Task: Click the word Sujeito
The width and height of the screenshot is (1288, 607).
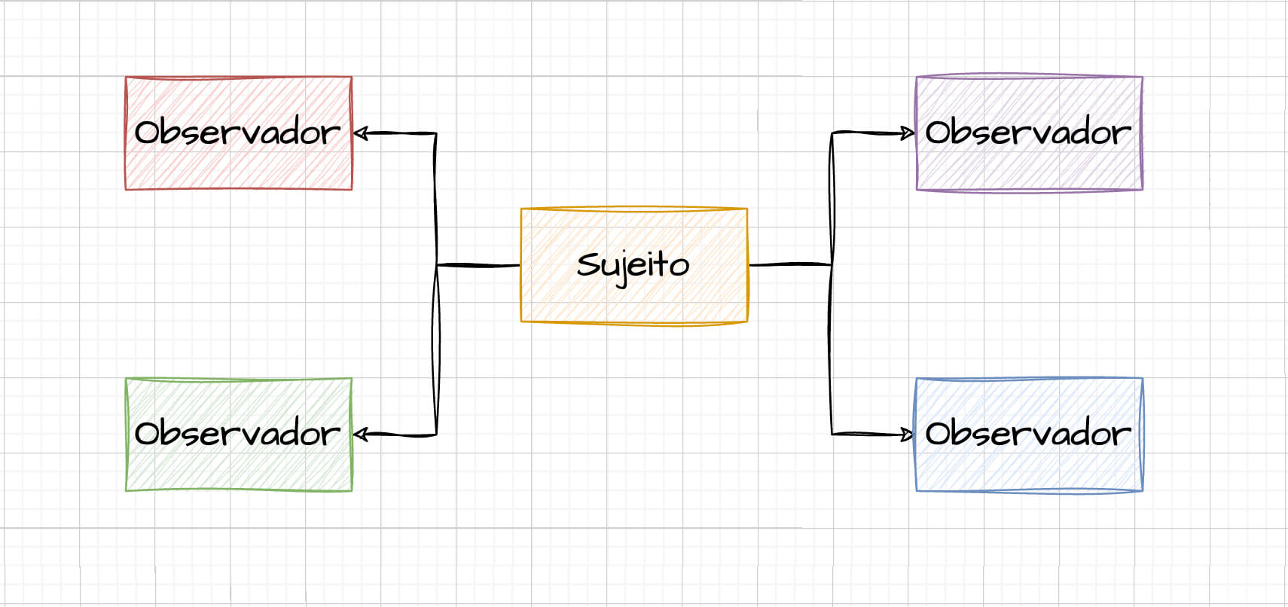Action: pos(633,265)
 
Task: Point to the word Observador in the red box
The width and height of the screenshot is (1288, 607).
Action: pos(238,133)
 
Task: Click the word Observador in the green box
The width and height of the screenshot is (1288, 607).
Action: pos(238,434)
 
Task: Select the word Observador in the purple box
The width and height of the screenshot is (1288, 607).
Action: pos(1029,133)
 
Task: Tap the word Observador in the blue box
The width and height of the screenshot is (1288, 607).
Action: pos(1029,434)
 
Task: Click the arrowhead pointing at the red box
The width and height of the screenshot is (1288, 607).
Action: pos(361,133)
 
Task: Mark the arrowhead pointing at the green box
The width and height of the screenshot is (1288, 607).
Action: pos(361,435)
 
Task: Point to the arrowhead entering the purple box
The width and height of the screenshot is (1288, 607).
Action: pos(908,133)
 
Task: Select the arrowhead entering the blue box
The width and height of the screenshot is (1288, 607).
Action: pos(908,435)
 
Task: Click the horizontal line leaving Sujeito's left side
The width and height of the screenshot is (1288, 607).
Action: pos(478,265)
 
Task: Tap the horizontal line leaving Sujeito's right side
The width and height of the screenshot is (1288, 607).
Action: pos(789,264)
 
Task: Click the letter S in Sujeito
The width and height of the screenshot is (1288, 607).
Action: pos(588,264)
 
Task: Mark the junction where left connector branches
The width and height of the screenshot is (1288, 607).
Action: pos(437,265)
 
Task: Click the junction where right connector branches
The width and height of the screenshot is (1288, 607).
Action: pos(832,264)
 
